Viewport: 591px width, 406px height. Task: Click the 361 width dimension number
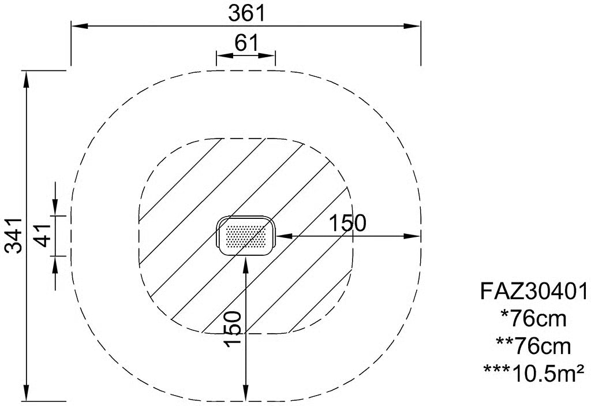[x=247, y=14]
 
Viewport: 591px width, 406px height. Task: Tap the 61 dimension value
[x=246, y=43]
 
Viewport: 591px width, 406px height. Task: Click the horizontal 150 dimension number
[x=347, y=223]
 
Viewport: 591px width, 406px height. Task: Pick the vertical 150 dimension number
[x=232, y=328]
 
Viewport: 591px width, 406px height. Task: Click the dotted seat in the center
[x=246, y=236]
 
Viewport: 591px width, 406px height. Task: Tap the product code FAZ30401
[x=534, y=292]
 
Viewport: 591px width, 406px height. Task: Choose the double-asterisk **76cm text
[x=533, y=347]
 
